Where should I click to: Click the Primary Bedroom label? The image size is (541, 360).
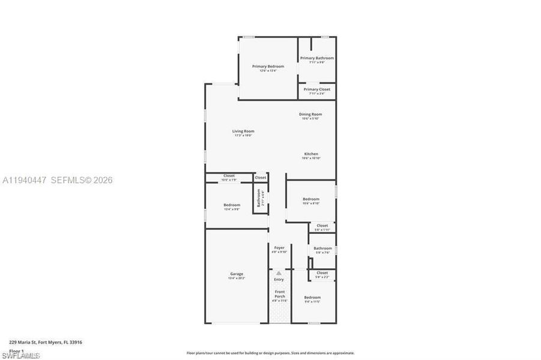268,67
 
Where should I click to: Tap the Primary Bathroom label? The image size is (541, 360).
317,58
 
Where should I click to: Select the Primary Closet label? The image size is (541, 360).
317,89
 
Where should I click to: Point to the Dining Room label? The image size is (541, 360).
310,114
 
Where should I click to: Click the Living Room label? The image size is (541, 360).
243,131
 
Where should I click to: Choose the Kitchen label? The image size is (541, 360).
310,154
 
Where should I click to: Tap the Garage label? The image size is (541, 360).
237,274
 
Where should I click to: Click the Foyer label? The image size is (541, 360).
279,248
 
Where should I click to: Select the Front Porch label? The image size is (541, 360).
280,293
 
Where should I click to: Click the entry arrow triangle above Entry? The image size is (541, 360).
279,273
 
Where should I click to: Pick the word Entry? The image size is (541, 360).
279,279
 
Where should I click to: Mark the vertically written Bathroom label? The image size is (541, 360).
259,198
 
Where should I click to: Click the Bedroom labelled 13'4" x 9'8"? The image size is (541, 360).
232,205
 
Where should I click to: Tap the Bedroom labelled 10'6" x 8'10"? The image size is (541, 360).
311,199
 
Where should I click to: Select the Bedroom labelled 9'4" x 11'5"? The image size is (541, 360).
312,298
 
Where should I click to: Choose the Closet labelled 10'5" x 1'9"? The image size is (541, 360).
229,176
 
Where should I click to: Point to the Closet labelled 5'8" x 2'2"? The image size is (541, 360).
322,273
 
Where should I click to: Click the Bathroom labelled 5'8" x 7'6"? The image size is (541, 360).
322,248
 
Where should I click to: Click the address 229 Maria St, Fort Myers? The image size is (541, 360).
46,342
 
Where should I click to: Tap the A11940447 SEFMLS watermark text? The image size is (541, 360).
58,180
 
